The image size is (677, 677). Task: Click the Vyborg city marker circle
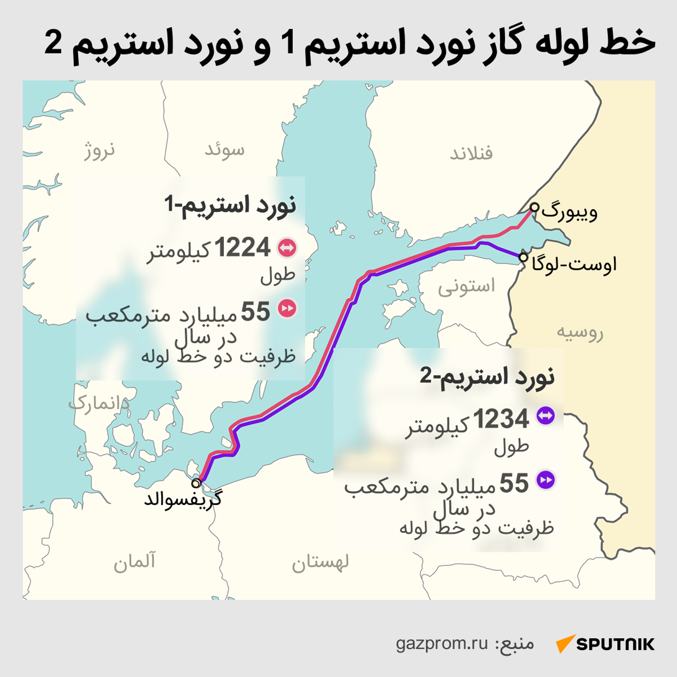tap(534, 207)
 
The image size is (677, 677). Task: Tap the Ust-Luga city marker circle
tap(523, 257)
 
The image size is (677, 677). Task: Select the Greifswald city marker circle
tap(196, 483)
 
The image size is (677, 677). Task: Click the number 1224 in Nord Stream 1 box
tap(243, 248)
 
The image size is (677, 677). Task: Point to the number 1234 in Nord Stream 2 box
tap(501, 419)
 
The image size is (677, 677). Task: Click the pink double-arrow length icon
tap(287, 248)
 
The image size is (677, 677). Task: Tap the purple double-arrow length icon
tap(545, 416)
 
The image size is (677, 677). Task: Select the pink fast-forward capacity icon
tap(287, 308)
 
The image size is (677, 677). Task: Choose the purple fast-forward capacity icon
tap(545, 480)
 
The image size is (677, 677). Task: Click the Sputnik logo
tap(605, 644)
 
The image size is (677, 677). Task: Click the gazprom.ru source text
tap(442, 643)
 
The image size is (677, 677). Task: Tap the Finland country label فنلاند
tap(471, 154)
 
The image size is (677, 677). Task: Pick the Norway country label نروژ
tap(99, 150)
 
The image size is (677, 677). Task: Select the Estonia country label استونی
tap(466, 287)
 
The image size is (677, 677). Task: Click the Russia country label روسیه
tap(580, 332)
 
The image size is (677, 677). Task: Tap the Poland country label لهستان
tap(320, 562)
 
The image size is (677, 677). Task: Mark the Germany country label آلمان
tap(134, 561)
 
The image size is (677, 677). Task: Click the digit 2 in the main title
tap(53, 42)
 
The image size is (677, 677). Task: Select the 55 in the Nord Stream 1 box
tap(255, 312)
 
